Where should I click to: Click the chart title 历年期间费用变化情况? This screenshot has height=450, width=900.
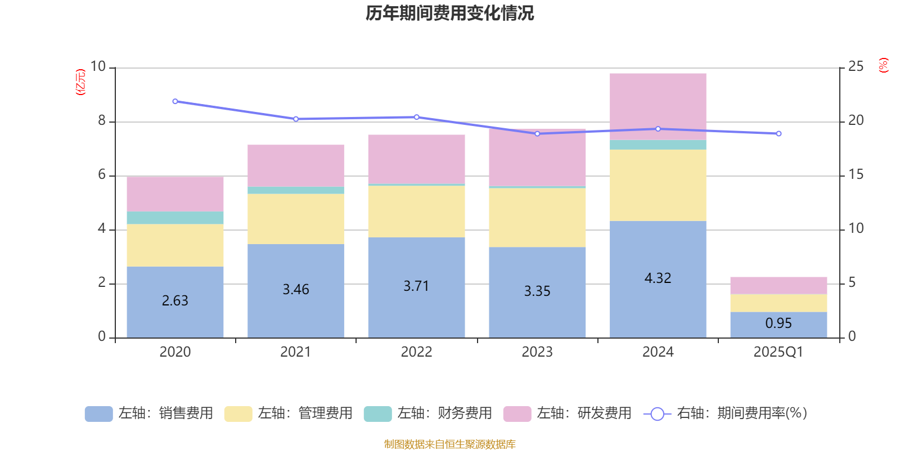pos(449,13)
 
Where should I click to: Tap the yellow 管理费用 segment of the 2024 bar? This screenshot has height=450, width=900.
pos(658,185)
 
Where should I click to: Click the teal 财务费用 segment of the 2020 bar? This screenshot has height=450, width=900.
pos(175,218)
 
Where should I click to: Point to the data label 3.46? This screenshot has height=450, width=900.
pos(296,290)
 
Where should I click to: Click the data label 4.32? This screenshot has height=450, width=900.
pos(658,278)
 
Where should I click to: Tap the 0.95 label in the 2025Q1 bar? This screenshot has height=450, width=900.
pos(778,323)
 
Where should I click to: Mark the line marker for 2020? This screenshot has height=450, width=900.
pos(175,102)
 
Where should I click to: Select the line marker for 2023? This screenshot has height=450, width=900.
pos(537,134)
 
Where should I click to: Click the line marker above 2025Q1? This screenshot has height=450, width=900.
pos(778,134)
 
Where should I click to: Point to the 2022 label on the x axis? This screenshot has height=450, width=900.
pos(416,352)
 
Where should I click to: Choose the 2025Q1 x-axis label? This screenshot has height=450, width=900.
pos(778,352)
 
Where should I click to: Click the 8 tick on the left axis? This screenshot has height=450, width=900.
pos(102,121)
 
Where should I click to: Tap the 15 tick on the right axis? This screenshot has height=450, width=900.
pos(856,175)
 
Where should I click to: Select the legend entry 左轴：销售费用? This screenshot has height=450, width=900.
pos(149,413)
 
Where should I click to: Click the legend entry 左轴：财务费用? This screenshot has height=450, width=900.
pos(428,413)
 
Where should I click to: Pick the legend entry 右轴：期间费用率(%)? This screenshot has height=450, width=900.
pos(726,413)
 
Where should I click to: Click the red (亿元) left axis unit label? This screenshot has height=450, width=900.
pos(81,82)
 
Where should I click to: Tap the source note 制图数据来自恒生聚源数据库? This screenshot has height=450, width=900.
pos(449,444)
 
